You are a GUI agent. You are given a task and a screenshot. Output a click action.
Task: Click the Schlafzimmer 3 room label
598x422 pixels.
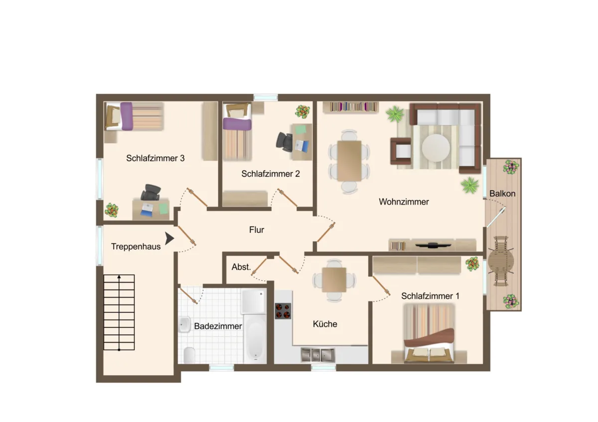point(155,158)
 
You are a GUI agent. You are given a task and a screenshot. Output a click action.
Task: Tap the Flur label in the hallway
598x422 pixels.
point(257,229)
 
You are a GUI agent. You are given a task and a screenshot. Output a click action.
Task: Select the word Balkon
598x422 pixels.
point(502,193)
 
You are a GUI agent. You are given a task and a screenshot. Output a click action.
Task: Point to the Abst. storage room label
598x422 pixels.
point(241,267)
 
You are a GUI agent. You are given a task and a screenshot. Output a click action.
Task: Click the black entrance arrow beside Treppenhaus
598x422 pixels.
point(169,238)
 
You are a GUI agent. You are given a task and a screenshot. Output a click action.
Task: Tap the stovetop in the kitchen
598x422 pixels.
point(283,311)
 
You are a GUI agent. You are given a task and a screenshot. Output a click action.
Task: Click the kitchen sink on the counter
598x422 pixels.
point(318,355)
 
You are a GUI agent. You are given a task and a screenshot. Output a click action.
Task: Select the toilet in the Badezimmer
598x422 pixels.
point(189,355)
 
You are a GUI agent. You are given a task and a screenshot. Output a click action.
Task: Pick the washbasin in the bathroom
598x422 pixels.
point(184,324)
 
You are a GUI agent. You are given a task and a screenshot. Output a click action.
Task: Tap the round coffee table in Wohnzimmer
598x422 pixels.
point(436,148)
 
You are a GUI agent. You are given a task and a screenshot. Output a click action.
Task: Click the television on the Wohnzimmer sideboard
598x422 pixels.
point(433,245)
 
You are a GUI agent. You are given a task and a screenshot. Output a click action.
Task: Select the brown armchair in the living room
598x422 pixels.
point(401,151)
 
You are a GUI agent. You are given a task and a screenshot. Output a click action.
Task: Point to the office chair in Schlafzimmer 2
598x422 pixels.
point(285,142)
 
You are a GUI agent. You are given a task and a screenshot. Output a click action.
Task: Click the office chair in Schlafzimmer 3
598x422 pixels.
point(151,192)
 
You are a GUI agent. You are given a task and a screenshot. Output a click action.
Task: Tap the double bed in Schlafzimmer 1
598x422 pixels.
point(429,333)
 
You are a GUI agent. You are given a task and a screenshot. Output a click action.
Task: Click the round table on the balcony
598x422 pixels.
point(501,262)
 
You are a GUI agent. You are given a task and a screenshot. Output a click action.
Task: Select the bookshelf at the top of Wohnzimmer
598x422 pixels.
point(351,107)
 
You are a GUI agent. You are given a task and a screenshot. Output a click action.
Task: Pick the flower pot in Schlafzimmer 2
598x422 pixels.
point(302,111)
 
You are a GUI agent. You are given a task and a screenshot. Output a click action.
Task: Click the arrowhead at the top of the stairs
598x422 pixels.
point(119,277)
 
